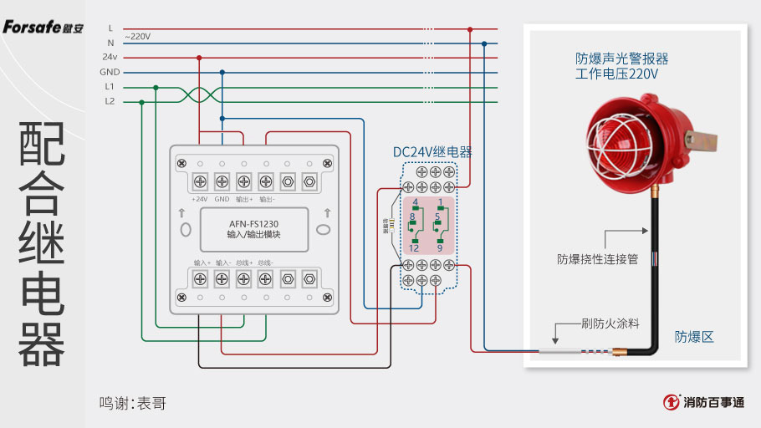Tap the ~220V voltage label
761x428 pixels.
[x=138, y=36]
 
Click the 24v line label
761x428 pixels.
[x=110, y=57]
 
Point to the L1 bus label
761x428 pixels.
[x=110, y=86]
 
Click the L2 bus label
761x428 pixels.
[x=110, y=101]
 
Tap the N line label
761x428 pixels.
[x=110, y=42]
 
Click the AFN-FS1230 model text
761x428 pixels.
[x=253, y=224]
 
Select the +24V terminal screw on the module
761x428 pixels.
[x=201, y=181]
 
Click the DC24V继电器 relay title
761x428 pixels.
[x=432, y=152]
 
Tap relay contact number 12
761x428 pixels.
[x=414, y=248]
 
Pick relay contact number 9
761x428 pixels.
[x=439, y=248]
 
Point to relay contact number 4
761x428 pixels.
[x=415, y=203]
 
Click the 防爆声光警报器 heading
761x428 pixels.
[x=621, y=59]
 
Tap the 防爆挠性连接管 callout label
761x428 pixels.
[x=597, y=259]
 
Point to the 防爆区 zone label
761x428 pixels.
[x=694, y=337]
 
